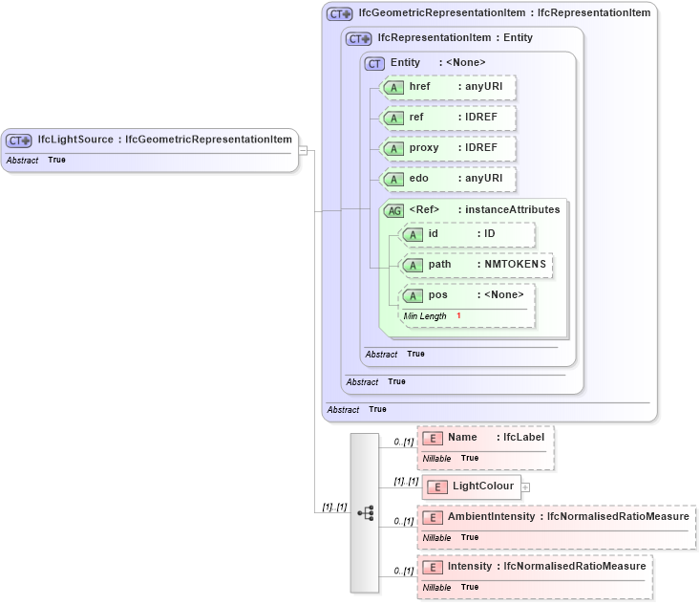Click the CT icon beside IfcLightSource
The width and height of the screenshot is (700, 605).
coord(19,140)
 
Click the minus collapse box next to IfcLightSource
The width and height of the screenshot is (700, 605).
coord(303,150)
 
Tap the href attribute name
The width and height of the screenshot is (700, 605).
coord(419,87)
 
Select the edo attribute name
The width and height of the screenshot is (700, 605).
coord(418,179)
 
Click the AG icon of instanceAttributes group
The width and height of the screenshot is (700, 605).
coord(392,210)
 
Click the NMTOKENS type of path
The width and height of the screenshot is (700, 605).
coord(512,265)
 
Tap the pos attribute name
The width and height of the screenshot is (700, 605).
coord(438,294)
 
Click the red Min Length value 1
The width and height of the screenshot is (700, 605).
coord(458,316)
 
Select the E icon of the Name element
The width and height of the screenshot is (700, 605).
coord(433,438)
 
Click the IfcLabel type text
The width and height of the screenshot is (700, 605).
coord(524,437)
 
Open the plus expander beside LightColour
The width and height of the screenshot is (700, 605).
coord(525,486)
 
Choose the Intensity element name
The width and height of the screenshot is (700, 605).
coord(470,566)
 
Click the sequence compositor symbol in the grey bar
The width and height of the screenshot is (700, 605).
coord(365,512)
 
